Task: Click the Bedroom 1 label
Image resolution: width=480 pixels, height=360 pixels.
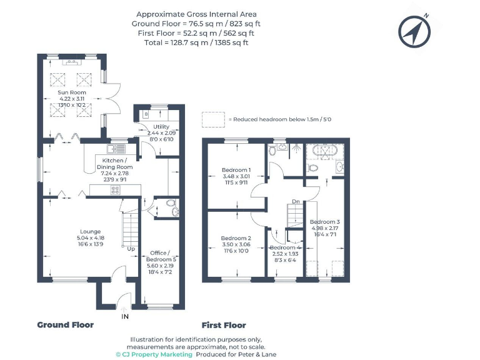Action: pos(236,170)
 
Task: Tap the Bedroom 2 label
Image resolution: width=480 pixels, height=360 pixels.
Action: pos(236,238)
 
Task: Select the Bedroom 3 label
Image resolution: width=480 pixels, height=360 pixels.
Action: pos(325,222)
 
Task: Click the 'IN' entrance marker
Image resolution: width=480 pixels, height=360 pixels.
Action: pos(124,317)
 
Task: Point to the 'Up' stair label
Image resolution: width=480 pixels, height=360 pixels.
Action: pos(131,249)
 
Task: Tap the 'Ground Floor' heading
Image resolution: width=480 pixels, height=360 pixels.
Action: pos(65,325)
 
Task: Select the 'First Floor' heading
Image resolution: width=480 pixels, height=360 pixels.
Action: pos(224,325)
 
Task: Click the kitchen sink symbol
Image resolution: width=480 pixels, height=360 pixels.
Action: pos(116,149)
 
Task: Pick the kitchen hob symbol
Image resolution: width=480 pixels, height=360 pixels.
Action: pos(116,191)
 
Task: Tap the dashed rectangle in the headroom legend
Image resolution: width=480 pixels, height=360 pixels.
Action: pos(212,119)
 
